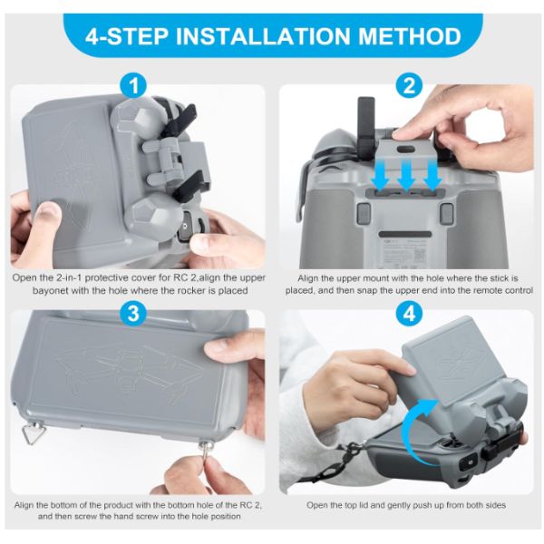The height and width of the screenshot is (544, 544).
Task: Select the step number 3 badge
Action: [134, 314]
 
